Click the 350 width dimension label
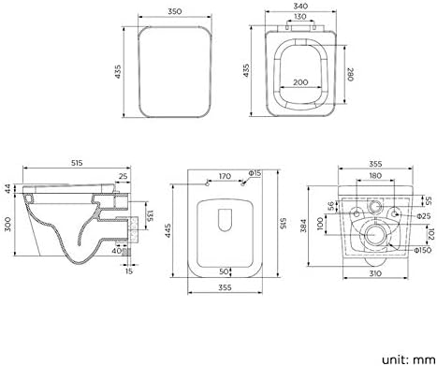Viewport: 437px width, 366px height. click(x=175, y=11)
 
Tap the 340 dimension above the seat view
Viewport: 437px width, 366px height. click(x=300, y=6)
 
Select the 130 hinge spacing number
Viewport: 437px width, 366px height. click(x=300, y=16)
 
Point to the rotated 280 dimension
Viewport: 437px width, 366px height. click(x=350, y=74)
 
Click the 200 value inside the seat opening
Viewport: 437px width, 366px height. click(x=300, y=82)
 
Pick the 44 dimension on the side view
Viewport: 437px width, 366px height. click(x=7, y=189)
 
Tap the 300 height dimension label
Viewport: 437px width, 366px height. click(x=7, y=224)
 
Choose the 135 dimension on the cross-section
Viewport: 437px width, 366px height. click(x=151, y=216)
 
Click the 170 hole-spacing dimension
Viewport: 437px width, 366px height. click(x=225, y=176)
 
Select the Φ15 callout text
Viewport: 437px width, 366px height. click(x=255, y=173)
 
